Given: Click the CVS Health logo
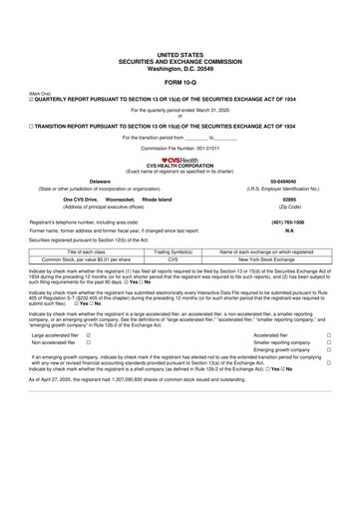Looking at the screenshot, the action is (180, 158).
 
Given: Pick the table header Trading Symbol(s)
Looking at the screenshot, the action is (173, 253).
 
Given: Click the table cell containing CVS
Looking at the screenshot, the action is (173, 259).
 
